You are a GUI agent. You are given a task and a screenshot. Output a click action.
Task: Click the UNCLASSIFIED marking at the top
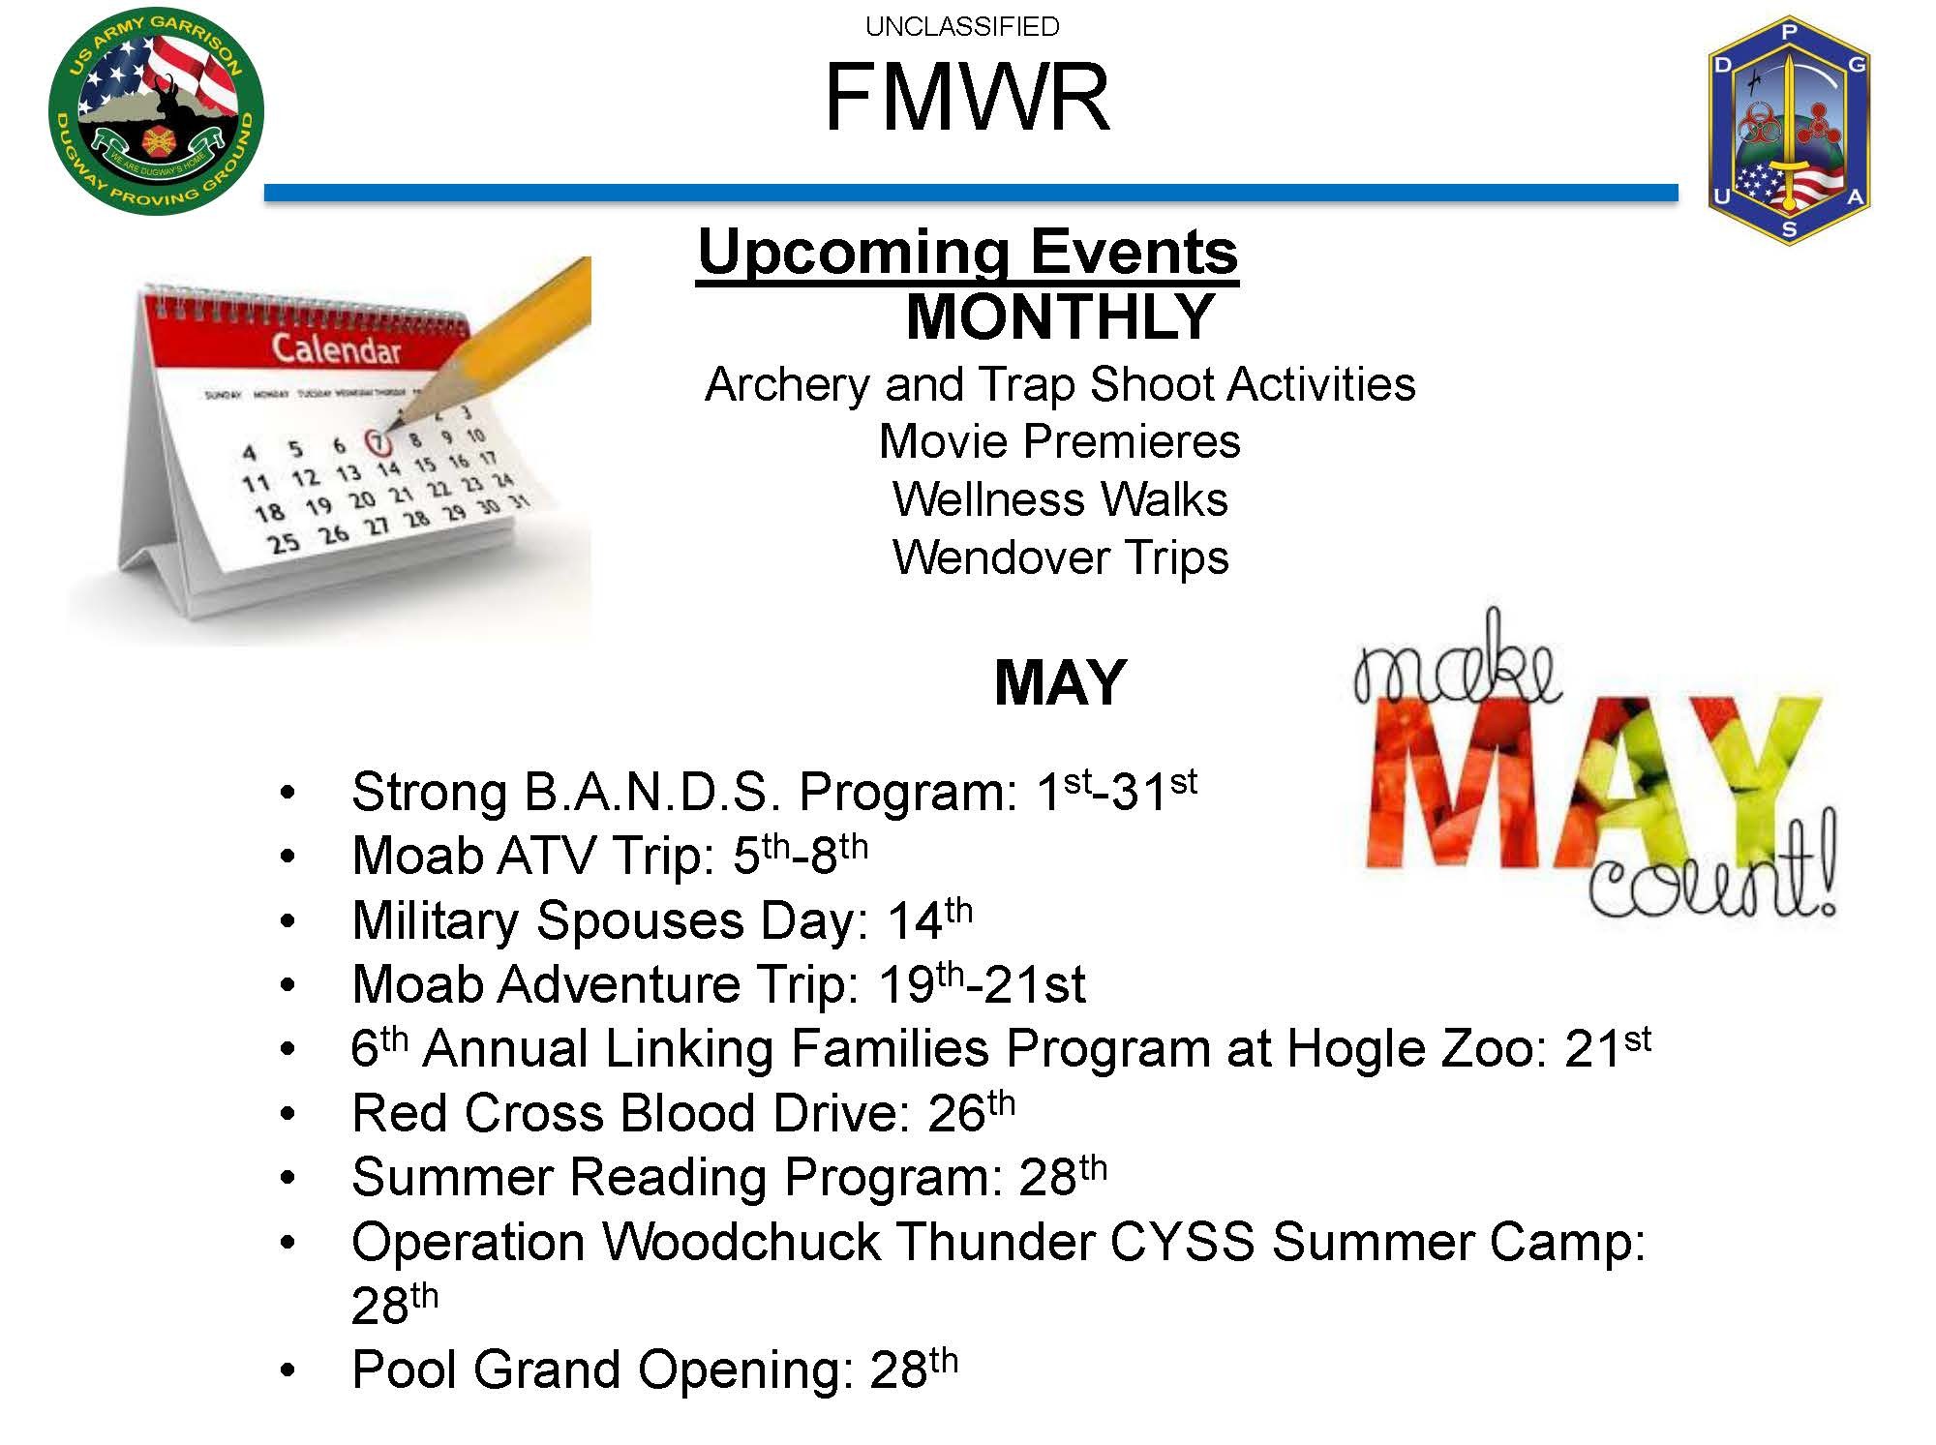(x=962, y=27)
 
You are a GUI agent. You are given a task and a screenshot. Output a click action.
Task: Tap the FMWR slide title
(x=967, y=98)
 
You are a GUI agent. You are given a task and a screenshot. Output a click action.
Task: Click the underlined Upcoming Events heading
(x=967, y=254)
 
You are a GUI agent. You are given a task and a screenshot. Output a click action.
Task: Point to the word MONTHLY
(x=1060, y=316)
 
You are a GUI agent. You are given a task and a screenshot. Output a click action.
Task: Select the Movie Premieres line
(x=1060, y=441)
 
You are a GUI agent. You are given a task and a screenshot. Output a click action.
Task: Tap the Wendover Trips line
(x=1060, y=557)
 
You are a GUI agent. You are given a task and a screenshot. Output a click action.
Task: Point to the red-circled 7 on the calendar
(x=378, y=442)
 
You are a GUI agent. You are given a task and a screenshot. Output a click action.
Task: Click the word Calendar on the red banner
(x=336, y=348)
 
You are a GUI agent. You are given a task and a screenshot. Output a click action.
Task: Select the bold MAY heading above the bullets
(x=1060, y=682)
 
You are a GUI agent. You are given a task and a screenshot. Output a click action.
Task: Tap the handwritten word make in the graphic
(x=1456, y=662)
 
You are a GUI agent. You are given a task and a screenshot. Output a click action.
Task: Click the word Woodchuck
(x=741, y=1242)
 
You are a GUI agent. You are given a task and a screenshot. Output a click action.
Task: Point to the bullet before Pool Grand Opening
(x=287, y=1371)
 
